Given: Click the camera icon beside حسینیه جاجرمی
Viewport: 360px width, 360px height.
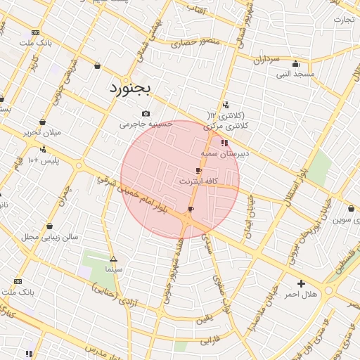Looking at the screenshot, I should [146, 114].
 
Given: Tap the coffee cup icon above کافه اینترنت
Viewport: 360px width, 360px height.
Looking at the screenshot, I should [198, 171].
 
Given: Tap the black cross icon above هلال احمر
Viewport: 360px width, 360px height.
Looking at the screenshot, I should [302, 283].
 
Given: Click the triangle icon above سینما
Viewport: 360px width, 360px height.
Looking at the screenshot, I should [113, 259].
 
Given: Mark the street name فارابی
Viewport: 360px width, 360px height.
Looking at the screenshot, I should [211, 342].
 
